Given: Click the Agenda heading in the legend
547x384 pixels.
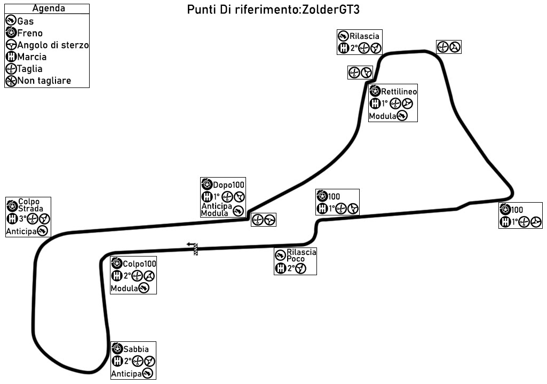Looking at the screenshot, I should coord(48,9).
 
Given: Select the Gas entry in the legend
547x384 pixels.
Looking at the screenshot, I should coord(26,22).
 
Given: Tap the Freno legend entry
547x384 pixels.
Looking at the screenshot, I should coord(30,34).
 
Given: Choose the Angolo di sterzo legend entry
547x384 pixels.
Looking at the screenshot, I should coord(53,45).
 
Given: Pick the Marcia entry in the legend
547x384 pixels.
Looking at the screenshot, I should coord(32,57).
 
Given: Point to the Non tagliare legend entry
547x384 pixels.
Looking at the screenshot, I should coord(44,81).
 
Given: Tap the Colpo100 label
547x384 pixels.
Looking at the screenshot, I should coord(139,264).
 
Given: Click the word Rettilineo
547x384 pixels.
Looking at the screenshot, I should coord(399,92).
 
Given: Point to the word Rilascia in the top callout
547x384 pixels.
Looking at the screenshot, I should coord(364,36).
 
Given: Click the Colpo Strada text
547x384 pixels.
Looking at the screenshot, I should coord(30,205).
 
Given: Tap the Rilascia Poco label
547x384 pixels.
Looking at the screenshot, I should coord(301,255).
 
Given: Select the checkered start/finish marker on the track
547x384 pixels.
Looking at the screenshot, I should coord(196,249).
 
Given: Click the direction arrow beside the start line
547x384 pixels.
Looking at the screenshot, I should coord(190,244).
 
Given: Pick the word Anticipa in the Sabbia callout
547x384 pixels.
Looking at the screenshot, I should coord(126,374).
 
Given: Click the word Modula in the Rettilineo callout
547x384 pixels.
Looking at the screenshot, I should coord(383,115).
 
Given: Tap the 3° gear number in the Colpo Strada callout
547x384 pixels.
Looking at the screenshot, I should coord(22,219).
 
